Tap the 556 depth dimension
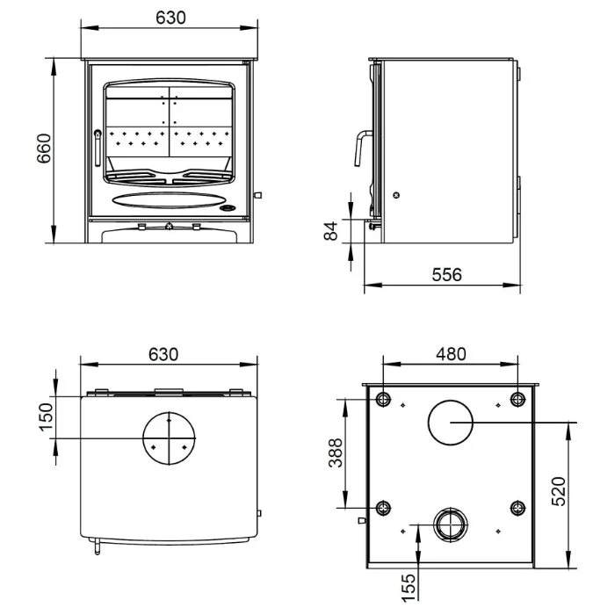pos(445,274)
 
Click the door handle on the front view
pos(98,147)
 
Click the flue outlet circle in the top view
pos(168,437)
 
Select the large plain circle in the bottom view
pos(450,423)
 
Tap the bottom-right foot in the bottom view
pos(517,508)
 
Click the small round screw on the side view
pos(395,195)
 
